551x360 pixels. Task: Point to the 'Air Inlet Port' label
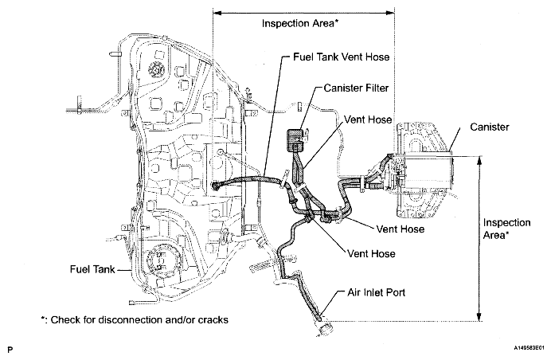(377, 292)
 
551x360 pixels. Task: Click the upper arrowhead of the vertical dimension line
(480, 159)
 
